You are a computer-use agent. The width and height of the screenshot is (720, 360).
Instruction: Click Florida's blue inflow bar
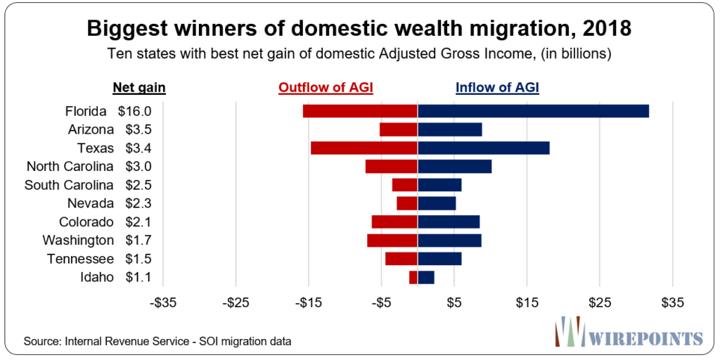(533, 111)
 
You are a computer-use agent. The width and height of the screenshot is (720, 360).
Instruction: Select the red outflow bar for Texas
(364, 148)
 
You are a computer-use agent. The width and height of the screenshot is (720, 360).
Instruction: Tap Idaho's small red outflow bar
(413, 277)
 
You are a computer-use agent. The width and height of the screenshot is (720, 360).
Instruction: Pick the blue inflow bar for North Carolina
(454, 167)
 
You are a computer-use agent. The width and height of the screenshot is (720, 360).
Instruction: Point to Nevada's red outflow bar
(407, 203)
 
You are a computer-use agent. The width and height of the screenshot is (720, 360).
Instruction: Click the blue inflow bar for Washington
(449, 240)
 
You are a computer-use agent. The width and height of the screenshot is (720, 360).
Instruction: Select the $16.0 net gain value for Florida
(134, 111)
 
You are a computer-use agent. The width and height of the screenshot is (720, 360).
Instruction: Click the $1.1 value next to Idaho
(134, 277)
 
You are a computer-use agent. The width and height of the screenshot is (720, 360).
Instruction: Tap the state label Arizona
(91, 129)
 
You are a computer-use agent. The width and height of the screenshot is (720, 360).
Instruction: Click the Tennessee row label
(80, 259)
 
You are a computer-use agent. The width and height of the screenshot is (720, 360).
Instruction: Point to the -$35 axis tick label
(163, 303)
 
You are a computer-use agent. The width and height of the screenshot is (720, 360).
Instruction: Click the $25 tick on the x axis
(600, 303)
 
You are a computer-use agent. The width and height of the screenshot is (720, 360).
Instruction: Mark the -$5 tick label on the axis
(381, 303)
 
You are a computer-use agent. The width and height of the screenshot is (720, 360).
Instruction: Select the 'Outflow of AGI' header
(326, 88)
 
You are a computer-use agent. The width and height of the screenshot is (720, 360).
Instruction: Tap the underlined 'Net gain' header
(139, 88)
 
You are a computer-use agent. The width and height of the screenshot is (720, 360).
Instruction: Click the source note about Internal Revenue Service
(157, 341)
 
